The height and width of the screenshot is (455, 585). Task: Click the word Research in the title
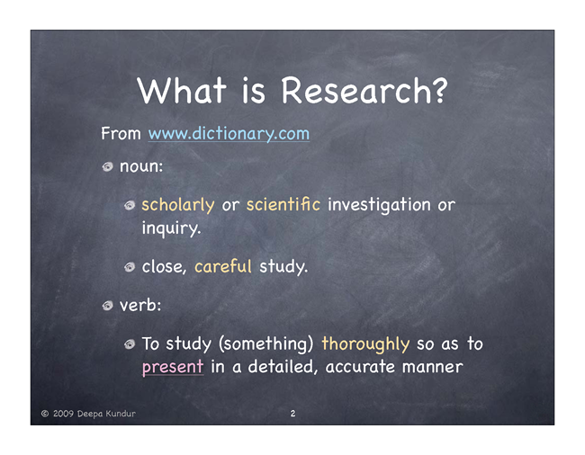coord(364,90)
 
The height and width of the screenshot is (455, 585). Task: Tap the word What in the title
coord(182,90)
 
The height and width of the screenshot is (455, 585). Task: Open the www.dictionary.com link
coord(229,133)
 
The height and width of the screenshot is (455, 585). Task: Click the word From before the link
coord(121,133)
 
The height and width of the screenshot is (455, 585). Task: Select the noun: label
coord(141,166)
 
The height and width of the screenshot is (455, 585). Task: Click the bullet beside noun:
coord(107,166)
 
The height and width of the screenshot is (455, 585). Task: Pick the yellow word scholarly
coord(178,205)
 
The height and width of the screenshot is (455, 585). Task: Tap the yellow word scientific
coord(283,204)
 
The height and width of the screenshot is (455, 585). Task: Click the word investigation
coord(379,205)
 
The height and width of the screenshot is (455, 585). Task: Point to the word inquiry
coord(171,228)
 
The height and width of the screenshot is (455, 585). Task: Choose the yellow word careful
coord(223,266)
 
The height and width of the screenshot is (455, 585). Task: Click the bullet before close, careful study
coord(130,267)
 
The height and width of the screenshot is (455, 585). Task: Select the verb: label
coord(140,305)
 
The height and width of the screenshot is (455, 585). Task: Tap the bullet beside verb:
coord(107,306)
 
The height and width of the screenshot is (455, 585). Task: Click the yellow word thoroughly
coord(365,344)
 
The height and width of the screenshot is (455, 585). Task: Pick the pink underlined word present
coord(173,367)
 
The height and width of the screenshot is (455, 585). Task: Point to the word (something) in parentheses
coord(266,344)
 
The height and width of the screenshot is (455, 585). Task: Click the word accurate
coord(360,367)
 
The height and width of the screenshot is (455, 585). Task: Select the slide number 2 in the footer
coord(292,414)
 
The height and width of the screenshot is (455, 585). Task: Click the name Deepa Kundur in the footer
coord(106,414)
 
